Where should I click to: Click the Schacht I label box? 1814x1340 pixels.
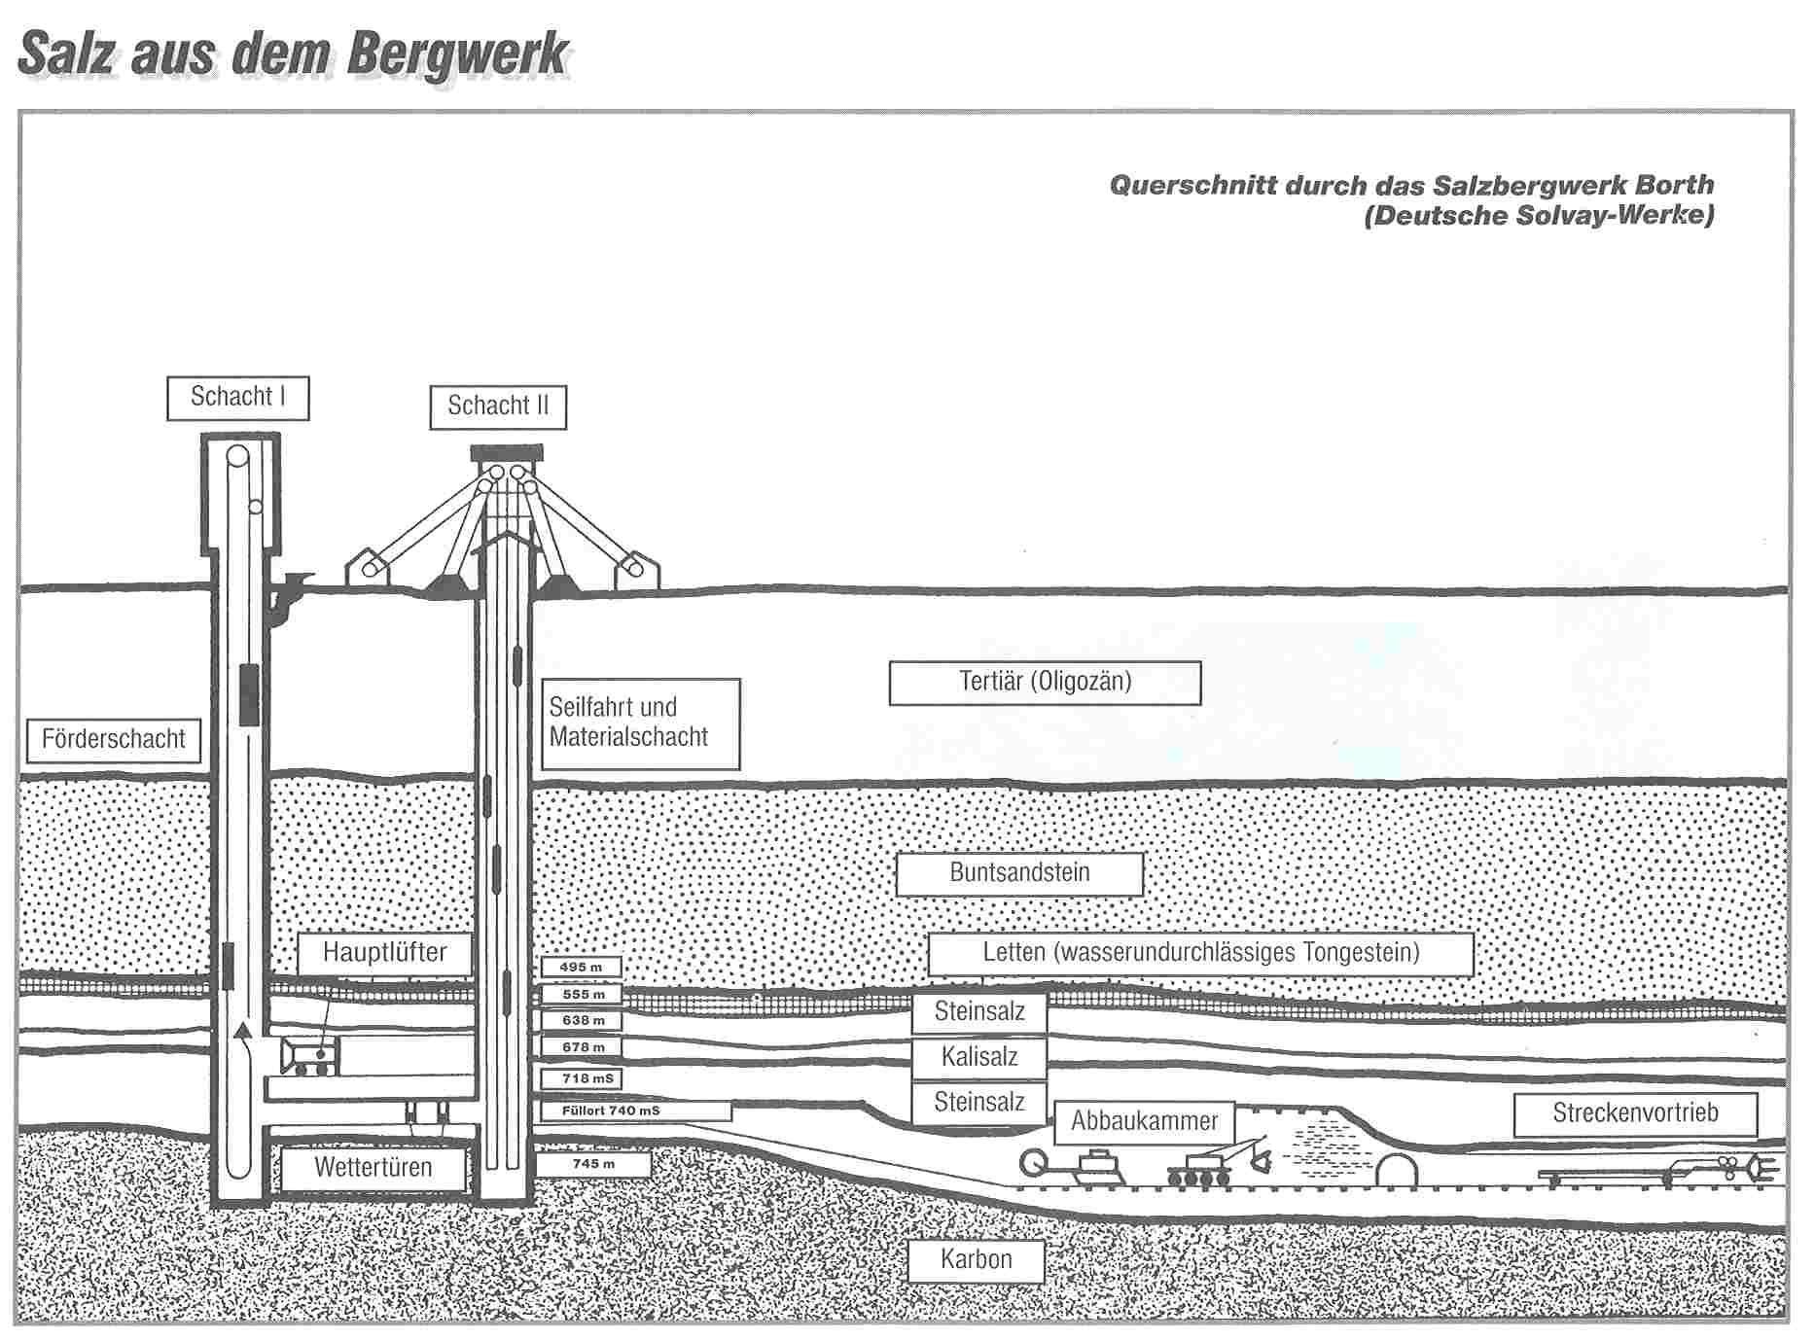237,398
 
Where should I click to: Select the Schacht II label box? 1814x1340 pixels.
498,406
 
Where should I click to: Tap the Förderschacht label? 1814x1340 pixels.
113,740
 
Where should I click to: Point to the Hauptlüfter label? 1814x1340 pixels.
384,953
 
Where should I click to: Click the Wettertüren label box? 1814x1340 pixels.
373,1168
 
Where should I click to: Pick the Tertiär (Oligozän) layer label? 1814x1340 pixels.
1045,683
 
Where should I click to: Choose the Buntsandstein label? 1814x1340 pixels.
1018,873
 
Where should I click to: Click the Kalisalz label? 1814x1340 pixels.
978,1057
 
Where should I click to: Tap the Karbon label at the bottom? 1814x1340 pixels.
976,1260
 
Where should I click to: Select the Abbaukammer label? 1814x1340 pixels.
1144,1122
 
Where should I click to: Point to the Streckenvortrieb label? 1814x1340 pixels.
1635,1114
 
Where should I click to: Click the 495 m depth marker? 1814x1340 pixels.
582,968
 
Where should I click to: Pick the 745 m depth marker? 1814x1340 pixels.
593,1164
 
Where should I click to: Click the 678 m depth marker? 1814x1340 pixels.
583,1047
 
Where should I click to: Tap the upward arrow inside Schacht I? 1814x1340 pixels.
243,1034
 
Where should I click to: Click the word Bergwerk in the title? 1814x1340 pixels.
457,53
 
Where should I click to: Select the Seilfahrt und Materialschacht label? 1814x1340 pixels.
639,723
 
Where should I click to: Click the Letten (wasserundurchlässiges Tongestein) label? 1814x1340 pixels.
1200,953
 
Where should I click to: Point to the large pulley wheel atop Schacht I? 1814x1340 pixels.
237,455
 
